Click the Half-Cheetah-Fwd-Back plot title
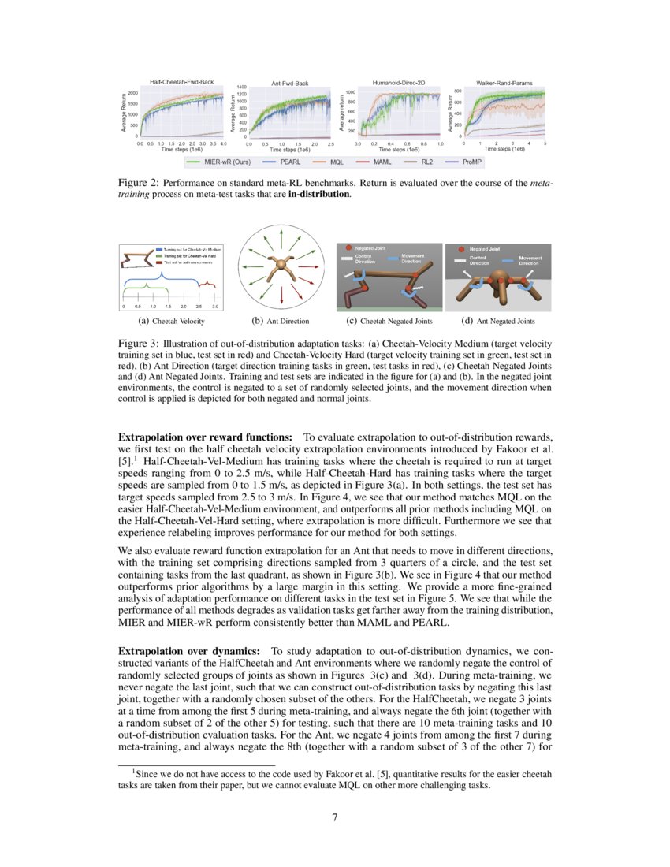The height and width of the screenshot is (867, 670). [181, 82]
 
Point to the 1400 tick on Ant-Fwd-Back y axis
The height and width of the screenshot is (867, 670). [241, 87]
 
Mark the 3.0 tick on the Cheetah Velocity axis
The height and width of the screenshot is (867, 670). [214, 306]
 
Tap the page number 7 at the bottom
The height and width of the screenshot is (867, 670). [335, 817]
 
